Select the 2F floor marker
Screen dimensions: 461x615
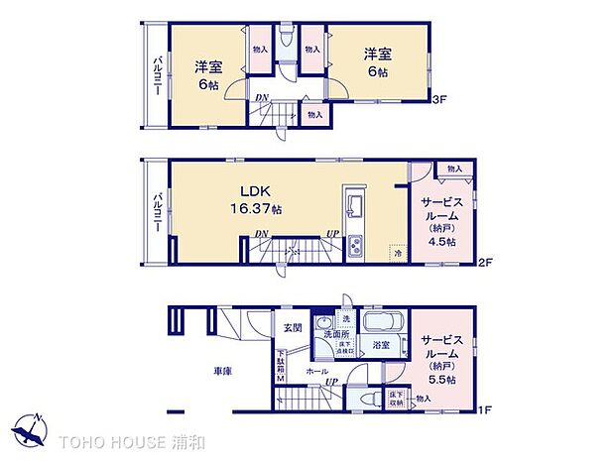coord(486,264)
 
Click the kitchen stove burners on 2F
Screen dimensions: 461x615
coord(355,249)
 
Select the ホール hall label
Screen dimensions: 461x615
coord(316,371)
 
